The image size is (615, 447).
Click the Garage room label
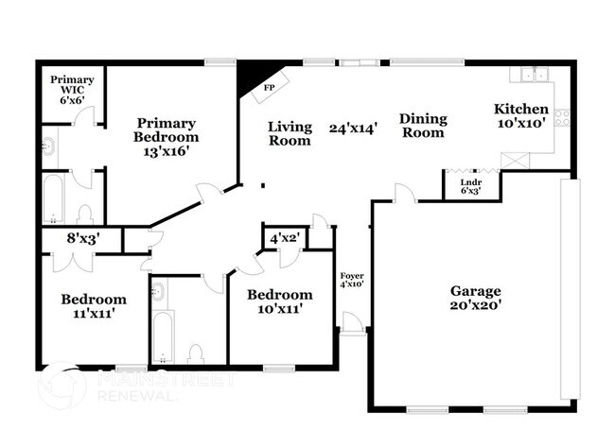pos(475,298)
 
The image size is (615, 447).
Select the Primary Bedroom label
pos(166,137)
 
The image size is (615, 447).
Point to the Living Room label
pos(290,133)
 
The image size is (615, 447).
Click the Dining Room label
pos(422,126)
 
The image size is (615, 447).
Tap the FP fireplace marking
pos(270,87)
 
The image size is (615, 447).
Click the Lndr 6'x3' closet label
pos(469,185)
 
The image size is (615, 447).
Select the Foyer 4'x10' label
pos(351,279)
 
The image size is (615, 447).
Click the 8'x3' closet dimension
pos(80,240)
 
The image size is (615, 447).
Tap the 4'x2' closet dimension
pos(285,238)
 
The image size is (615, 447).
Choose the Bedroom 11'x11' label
pos(94,307)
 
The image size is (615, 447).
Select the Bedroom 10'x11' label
pos(279,301)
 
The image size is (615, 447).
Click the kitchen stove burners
pos(562,118)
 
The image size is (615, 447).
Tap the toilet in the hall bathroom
pos(196,353)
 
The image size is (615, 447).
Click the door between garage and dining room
pos(404,194)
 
